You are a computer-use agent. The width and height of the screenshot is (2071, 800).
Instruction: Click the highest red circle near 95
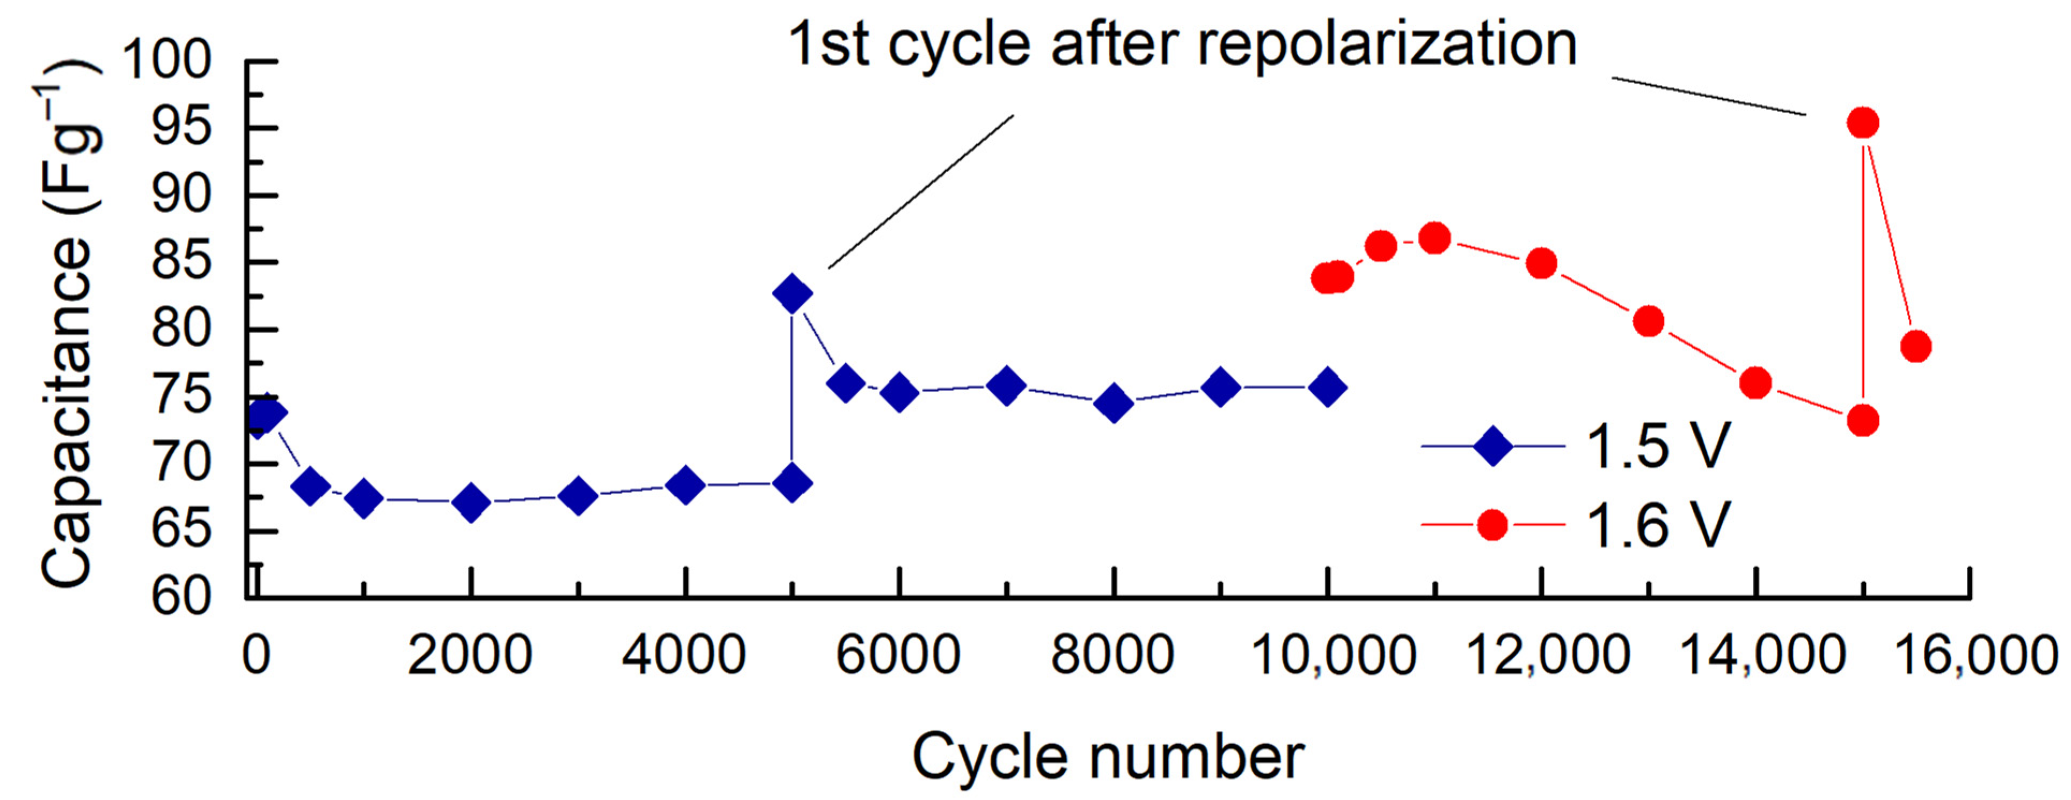(1862, 124)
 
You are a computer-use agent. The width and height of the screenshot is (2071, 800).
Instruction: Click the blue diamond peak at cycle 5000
(792, 293)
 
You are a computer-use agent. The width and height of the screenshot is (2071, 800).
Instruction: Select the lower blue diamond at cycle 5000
(792, 482)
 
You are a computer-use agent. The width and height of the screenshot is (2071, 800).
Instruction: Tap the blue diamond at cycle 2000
(471, 503)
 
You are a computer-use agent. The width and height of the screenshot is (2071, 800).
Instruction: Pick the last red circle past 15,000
(1916, 347)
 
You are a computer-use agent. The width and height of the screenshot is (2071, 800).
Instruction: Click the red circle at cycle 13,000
(1648, 321)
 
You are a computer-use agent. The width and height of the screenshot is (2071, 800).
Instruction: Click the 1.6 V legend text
(1658, 525)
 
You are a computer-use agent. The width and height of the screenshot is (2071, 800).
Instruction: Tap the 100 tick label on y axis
(167, 60)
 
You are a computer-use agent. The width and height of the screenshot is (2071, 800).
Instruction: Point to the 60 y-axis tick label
(182, 597)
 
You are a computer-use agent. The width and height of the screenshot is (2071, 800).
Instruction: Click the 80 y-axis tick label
(182, 329)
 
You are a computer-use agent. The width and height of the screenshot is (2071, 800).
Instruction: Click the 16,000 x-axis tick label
(1976, 655)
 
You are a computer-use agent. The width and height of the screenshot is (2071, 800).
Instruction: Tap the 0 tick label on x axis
(255, 655)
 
